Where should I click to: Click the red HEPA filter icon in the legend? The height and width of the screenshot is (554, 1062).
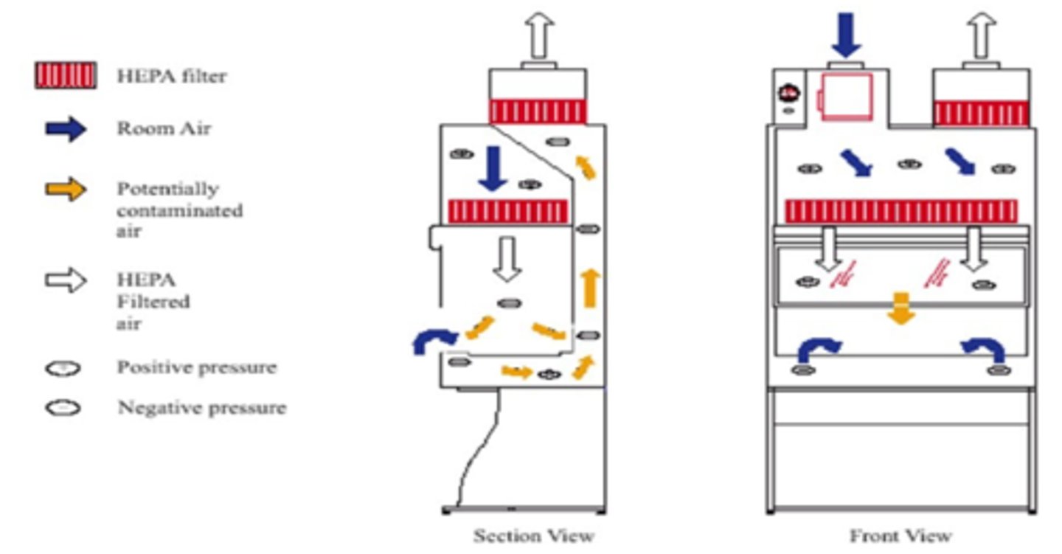(65, 75)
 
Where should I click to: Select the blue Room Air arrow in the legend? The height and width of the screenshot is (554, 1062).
(66, 129)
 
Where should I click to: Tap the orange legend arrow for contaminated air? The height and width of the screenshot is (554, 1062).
(66, 190)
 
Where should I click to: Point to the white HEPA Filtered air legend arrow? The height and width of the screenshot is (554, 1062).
(66, 281)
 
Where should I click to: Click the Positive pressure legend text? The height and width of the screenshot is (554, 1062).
(196, 367)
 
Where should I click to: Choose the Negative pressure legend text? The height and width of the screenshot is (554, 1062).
(201, 407)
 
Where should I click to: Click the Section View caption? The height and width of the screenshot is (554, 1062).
(533, 535)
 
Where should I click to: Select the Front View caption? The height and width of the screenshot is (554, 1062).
(900, 535)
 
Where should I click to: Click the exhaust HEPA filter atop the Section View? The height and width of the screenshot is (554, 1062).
(538, 111)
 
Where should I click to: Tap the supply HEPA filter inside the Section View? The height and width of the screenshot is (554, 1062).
(508, 211)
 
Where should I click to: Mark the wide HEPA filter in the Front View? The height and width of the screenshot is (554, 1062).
(900, 211)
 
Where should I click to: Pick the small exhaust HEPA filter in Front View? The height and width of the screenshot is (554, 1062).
(980, 114)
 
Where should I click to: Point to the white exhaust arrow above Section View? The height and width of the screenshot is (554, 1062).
(538, 36)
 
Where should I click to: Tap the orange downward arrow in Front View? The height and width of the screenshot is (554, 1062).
(900, 307)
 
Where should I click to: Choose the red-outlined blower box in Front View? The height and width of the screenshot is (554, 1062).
(847, 96)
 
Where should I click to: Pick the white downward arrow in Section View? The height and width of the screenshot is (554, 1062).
(507, 259)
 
